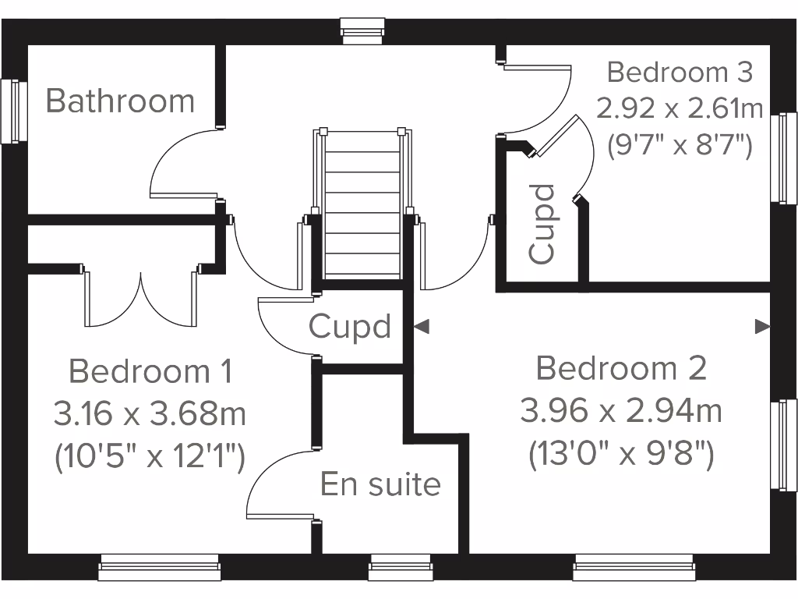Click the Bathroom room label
tap(120, 101)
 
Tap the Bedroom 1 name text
tap(150, 371)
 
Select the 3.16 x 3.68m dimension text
tap(150, 413)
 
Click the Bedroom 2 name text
tap(621, 368)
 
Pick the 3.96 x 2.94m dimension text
tap(621, 410)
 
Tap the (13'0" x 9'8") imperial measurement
tap(621, 453)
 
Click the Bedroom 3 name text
tap(680, 73)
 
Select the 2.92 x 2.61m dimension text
tap(680, 108)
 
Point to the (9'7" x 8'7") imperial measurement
tap(680, 144)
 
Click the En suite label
tap(380, 484)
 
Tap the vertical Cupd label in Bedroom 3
tap(542, 223)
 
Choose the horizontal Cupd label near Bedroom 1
tap(349, 326)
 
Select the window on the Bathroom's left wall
tap(11, 111)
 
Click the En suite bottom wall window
tap(401, 567)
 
